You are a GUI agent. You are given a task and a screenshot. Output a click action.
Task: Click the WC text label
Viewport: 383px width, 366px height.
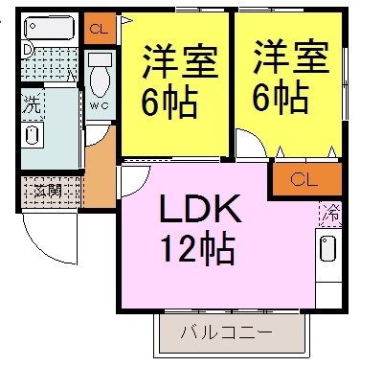(100, 106)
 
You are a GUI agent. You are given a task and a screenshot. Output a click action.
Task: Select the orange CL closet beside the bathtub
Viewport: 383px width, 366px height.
(98, 29)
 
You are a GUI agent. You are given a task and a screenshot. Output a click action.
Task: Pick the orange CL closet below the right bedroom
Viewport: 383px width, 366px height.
(304, 178)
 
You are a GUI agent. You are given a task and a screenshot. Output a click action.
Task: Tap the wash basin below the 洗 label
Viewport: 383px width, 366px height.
(34, 133)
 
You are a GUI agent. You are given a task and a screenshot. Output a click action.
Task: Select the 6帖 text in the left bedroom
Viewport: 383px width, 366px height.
(171, 99)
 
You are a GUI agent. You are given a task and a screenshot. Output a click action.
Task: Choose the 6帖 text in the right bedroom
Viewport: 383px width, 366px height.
(281, 95)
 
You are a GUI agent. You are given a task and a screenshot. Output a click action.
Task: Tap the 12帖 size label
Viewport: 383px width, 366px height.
(199, 249)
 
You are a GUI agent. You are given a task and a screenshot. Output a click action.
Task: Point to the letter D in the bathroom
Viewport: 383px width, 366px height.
(28, 49)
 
